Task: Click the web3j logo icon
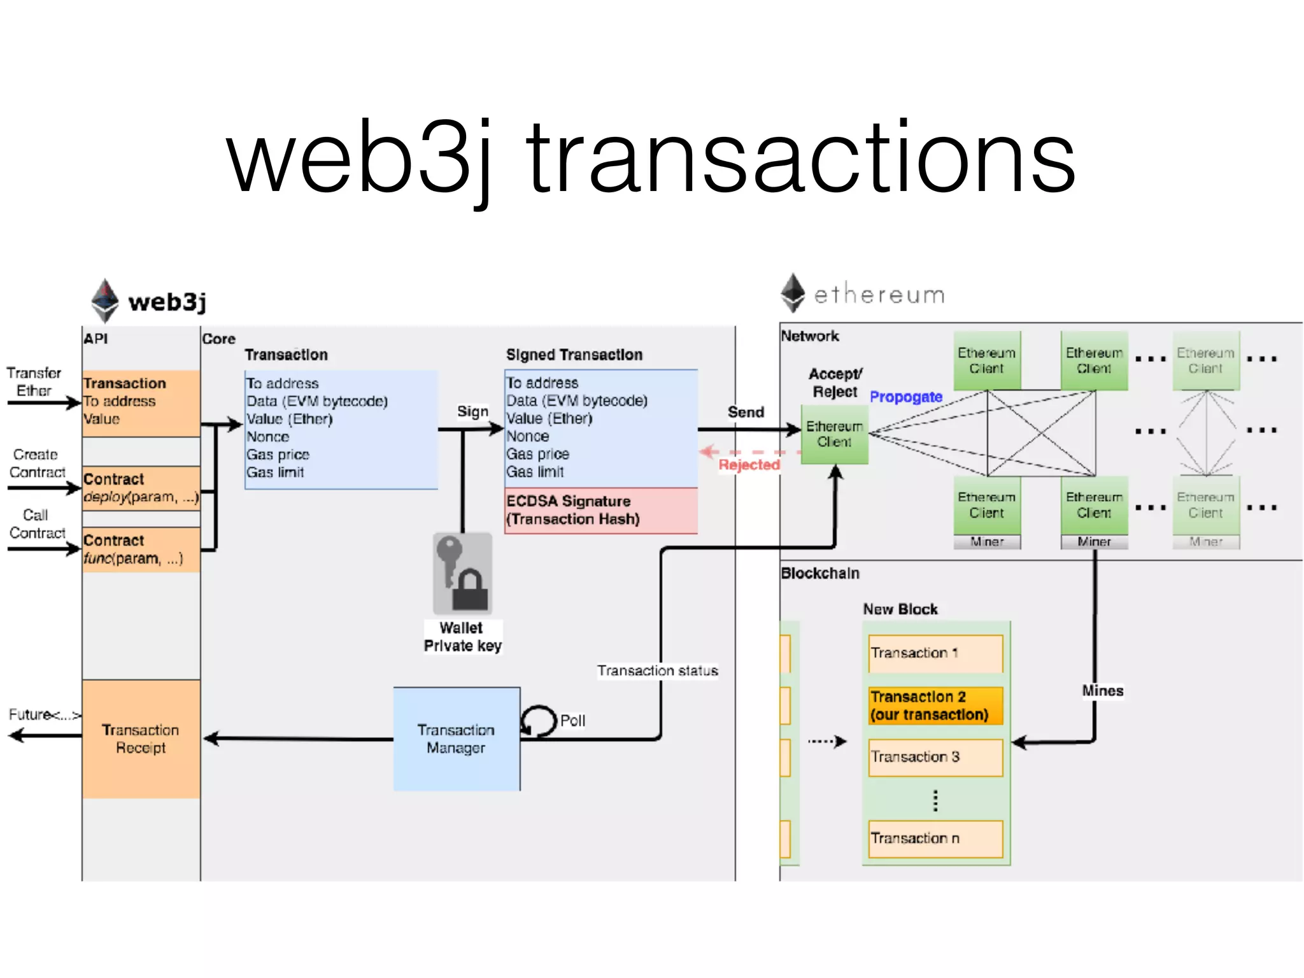pyautogui.click(x=105, y=300)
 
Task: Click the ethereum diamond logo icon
pyautogui.click(x=793, y=293)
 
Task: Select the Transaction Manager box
pyautogui.click(x=457, y=739)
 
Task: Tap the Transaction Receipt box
pyautogui.click(x=141, y=739)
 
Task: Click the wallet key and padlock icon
pyautogui.click(x=463, y=573)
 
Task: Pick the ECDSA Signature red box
pyautogui.click(x=600, y=510)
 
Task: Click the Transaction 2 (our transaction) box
pyautogui.click(x=935, y=705)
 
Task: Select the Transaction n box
pyautogui.click(x=935, y=839)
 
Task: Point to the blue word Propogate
pyautogui.click(x=905, y=397)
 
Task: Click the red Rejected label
pyautogui.click(x=749, y=465)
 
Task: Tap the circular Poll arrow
pyautogui.click(x=539, y=721)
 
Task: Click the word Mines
pyautogui.click(x=1102, y=691)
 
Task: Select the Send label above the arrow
pyautogui.click(x=746, y=412)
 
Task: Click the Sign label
pyautogui.click(x=472, y=411)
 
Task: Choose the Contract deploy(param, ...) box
pyautogui.click(x=141, y=488)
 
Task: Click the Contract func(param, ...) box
pyautogui.click(x=141, y=549)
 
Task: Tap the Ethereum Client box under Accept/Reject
pyautogui.click(x=834, y=434)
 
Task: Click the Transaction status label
pyautogui.click(x=657, y=670)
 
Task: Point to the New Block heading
pyautogui.click(x=900, y=609)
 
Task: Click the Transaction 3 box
pyautogui.click(x=935, y=757)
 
